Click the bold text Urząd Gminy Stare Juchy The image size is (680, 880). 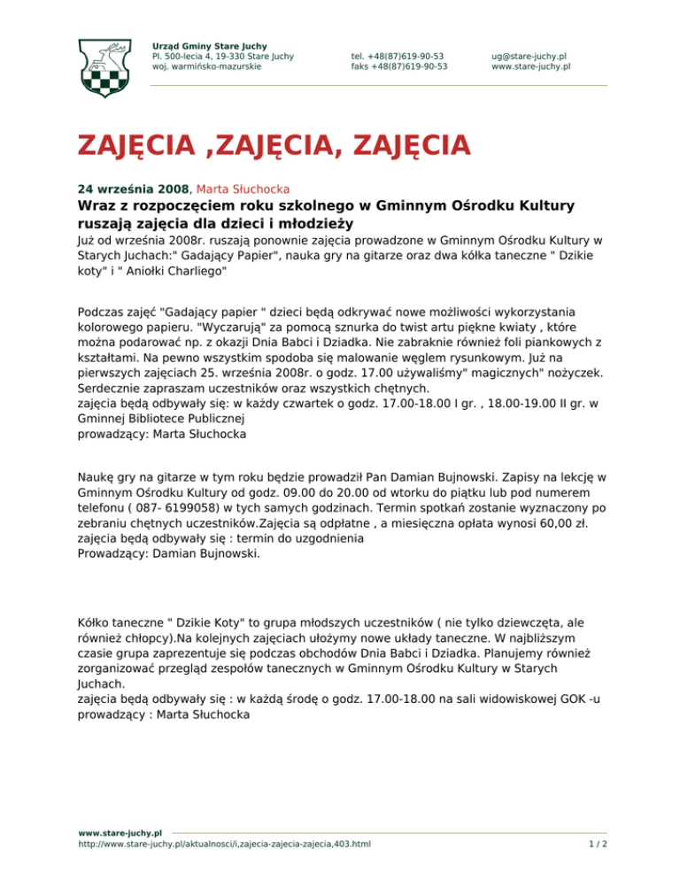tap(210, 46)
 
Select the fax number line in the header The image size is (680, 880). tap(398, 66)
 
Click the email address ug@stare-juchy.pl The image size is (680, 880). tap(529, 56)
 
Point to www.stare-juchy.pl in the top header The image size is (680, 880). tap(530, 66)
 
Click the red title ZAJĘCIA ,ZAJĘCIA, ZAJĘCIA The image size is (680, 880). tap(273, 143)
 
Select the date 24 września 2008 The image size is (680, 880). tap(133, 189)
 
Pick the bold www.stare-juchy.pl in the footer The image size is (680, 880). tap(120, 833)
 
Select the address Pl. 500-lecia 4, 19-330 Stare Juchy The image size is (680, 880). tap(223, 56)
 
